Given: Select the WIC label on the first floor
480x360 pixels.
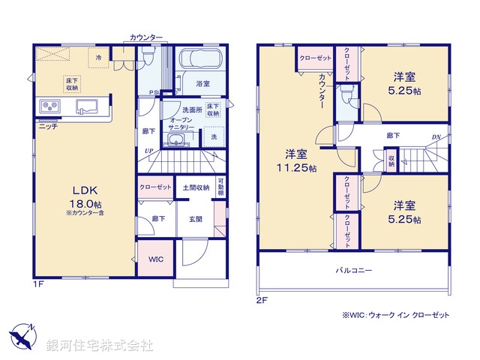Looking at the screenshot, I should (x=155, y=259).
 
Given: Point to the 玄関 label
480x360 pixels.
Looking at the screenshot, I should (x=194, y=218).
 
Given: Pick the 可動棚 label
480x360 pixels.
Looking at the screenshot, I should (x=220, y=187).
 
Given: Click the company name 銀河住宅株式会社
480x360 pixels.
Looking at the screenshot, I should (x=100, y=346).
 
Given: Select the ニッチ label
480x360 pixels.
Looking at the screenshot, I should (x=48, y=127).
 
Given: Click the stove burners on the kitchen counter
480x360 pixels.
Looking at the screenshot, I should (x=49, y=106).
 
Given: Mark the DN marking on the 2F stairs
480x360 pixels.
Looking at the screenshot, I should (x=436, y=136).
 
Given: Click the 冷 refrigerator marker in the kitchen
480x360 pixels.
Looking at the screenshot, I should (x=98, y=56).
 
